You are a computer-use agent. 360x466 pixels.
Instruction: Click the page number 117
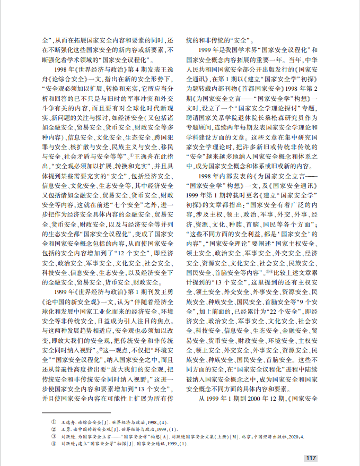311,458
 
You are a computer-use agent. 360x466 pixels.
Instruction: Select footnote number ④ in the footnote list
53,443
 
